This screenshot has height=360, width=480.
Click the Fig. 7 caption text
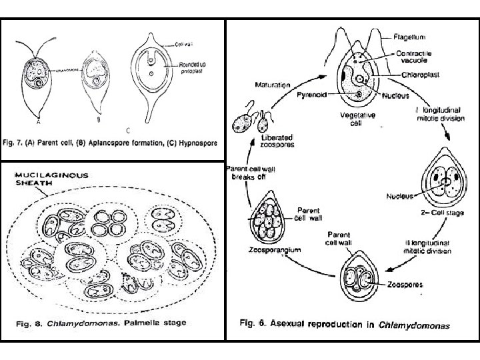(x=113, y=143)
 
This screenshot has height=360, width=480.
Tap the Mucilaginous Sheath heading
(x=43, y=177)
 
